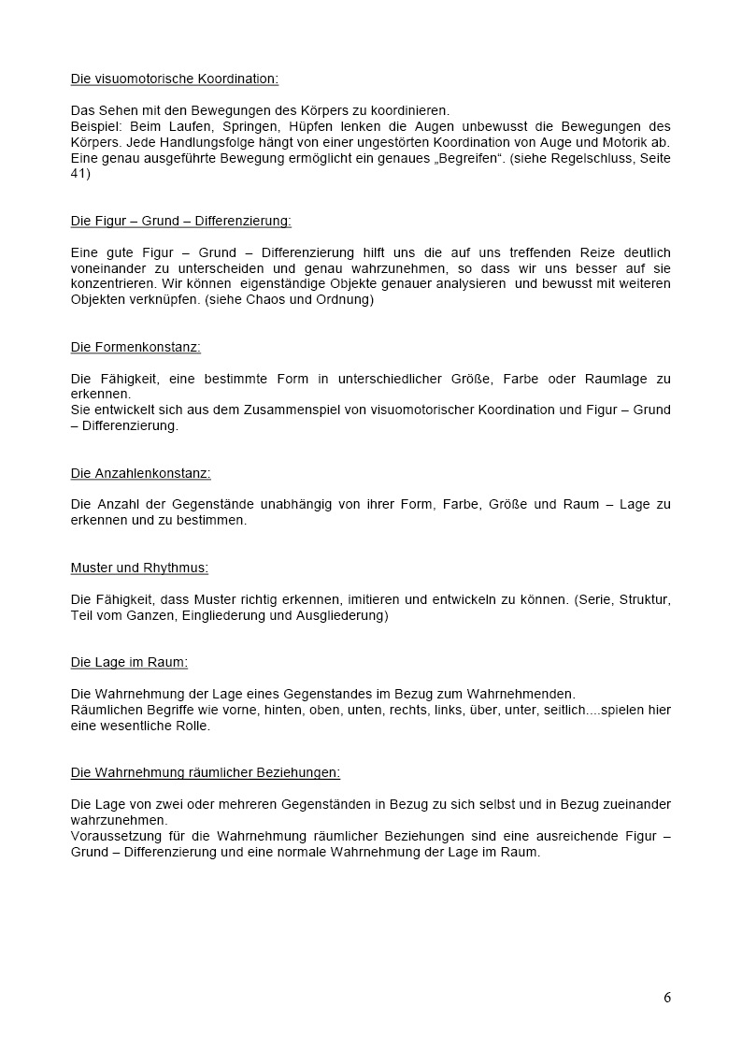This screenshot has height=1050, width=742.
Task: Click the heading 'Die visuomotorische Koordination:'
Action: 175,79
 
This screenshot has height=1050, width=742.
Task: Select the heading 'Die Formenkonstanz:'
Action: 136,347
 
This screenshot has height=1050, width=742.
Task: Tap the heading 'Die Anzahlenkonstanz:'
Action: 140,473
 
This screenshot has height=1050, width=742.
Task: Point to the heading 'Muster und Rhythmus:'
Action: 139,568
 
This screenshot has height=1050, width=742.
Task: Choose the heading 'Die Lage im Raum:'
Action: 129,662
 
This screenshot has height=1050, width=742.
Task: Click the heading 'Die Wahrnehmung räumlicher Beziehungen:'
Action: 206,772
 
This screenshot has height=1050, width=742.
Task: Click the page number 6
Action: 667,997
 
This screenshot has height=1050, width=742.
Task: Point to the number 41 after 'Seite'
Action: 78,174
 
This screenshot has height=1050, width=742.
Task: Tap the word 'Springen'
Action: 247,126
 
